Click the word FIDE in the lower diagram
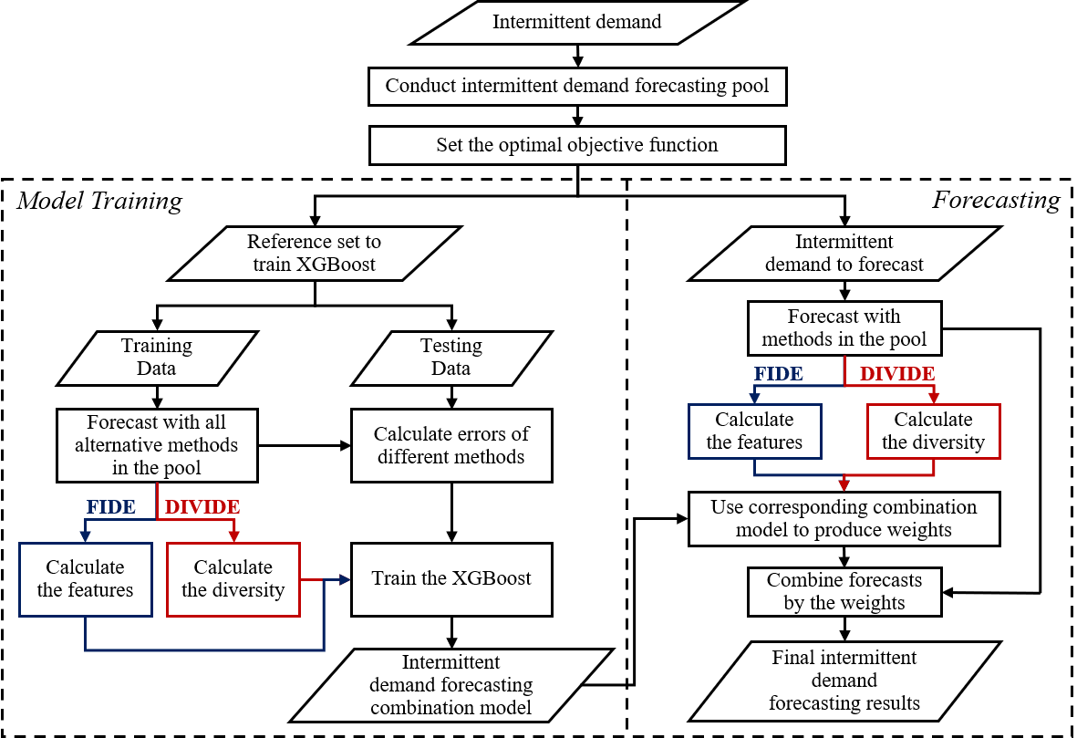(x=110, y=507)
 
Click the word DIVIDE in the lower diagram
(x=202, y=507)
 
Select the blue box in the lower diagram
(x=86, y=579)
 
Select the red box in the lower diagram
(x=233, y=579)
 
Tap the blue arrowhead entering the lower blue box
(x=85, y=536)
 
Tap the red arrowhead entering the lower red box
(x=234, y=536)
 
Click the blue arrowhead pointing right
(x=344, y=579)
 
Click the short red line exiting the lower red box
(x=311, y=579)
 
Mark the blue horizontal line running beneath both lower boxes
(x=204, y=650)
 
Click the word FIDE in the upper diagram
(x=778, y=374)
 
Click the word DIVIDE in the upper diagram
(x=896, y=374)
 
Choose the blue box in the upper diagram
(x=755, y=431)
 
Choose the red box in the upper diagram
(x=934, y=431)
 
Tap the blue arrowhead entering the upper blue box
(x=754, y=398)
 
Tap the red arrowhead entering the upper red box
(x=934, y=398)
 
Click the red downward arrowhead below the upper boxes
(x=844, y=485)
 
